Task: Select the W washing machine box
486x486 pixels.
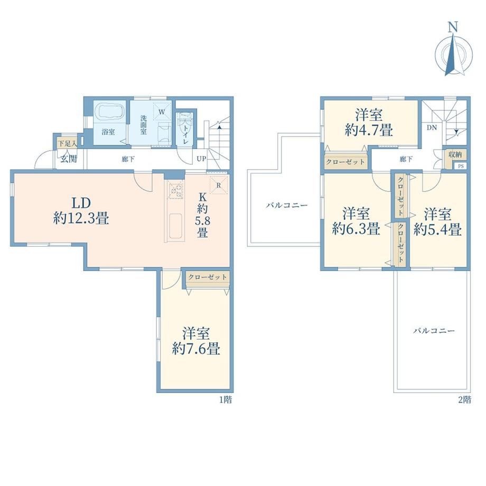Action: pos(162,111)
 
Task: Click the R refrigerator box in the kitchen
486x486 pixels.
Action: pos(219,185)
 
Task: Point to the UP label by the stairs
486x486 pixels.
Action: pos(201,159)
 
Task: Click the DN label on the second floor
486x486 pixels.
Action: pos(432,127)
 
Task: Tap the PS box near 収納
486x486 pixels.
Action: pos(461,166)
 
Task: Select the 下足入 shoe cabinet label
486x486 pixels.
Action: pos(68,144)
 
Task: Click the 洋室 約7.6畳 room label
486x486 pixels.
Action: pos(196,341)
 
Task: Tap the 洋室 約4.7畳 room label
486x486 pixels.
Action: pos(369,123)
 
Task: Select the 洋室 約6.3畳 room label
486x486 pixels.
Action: pos(356,221)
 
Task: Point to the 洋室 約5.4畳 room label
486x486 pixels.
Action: pos(437,222)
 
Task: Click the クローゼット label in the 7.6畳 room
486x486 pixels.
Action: pos(208,277)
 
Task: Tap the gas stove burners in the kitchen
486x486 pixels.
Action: pos(175,190)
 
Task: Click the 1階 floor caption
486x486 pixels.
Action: pos(226,399)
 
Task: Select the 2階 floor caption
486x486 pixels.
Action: pos(465,399)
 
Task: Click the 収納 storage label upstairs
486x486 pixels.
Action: pos(455,154)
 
